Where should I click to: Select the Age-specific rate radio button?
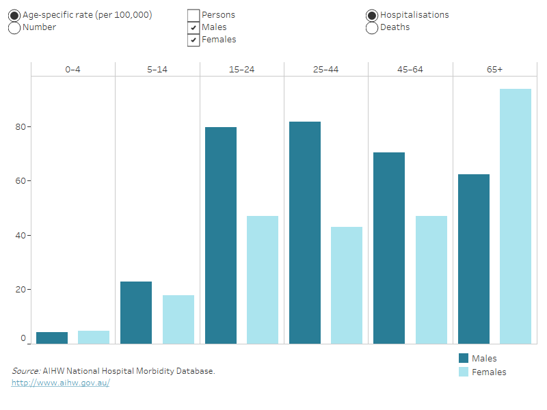point(14,15)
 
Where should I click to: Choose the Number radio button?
point(14,27)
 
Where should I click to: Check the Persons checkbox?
point(194,15)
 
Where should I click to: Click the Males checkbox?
point(194,27)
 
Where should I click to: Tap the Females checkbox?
point(194,40)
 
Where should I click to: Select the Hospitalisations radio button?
point(373,15)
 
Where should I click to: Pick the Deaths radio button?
point(373,27)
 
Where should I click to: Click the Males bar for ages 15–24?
point(220,235)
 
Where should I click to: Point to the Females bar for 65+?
point(516,216)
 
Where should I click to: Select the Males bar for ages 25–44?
point(305,232)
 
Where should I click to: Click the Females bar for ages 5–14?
point(178,319)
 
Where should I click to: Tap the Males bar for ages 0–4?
point(52,338)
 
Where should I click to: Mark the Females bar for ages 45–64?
point(431,279)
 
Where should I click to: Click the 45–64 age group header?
point(410,69)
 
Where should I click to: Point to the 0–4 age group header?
point(73,69)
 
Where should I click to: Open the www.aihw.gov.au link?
point(60,383)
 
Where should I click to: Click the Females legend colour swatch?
point(464,372)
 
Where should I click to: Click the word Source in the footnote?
point(25,371)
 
